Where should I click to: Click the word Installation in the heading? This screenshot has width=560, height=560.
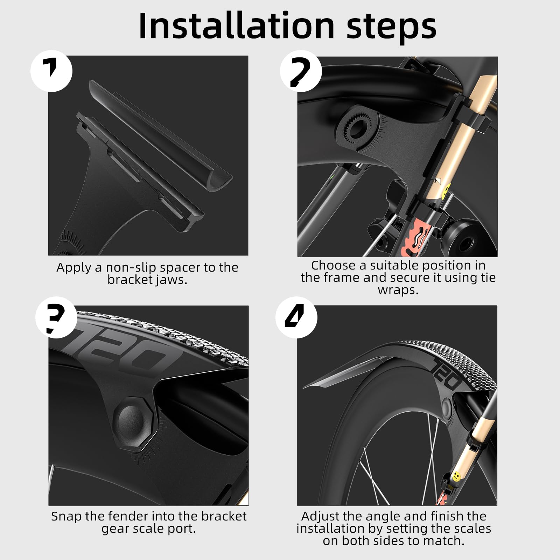237,26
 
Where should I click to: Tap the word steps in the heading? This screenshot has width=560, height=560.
391,28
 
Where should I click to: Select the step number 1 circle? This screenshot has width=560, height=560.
51,71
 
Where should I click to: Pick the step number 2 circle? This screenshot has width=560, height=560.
301,71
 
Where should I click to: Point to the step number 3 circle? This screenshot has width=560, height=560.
56,317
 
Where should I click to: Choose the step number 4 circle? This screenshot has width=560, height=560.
296,317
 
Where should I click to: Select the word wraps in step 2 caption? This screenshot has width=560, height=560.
398,290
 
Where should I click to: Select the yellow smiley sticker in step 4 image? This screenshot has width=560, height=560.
455,476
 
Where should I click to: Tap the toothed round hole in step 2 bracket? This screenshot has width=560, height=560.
357,129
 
